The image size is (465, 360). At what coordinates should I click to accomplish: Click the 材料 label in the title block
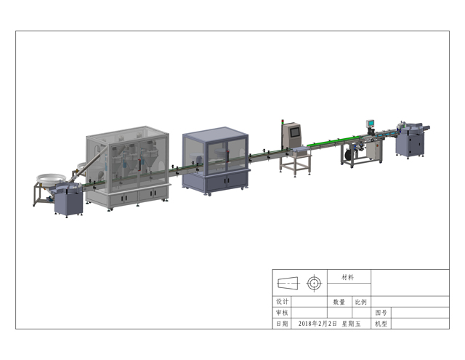(347, 278)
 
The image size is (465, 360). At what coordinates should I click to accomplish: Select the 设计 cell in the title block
(282, 302)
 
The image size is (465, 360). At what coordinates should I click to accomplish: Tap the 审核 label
(282, 313)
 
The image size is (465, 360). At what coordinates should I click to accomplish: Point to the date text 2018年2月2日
(318, 324)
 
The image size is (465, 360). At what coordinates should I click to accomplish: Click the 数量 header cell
(339, 302)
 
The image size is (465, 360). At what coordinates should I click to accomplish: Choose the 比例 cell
(361, 302)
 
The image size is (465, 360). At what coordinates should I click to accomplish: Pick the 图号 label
(381, 313)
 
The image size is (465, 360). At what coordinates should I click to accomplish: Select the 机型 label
(381, 324)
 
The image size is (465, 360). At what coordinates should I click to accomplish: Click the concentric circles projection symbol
(315, 283)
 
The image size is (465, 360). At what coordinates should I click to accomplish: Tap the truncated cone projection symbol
(288, 283)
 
